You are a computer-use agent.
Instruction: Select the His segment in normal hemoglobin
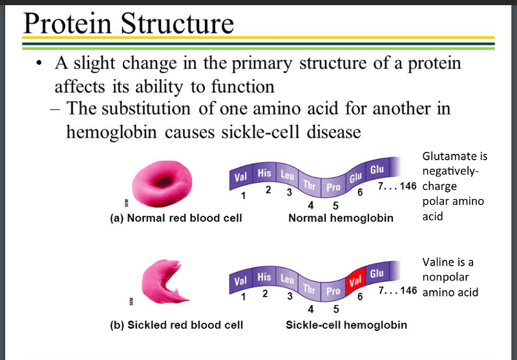coord(264,174)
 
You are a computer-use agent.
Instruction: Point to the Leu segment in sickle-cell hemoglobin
coord(286,279)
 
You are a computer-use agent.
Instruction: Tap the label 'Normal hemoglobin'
coord(341,218)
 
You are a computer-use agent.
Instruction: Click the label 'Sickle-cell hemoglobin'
coord(346,324)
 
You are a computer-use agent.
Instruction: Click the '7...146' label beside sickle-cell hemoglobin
coord(396,290)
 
